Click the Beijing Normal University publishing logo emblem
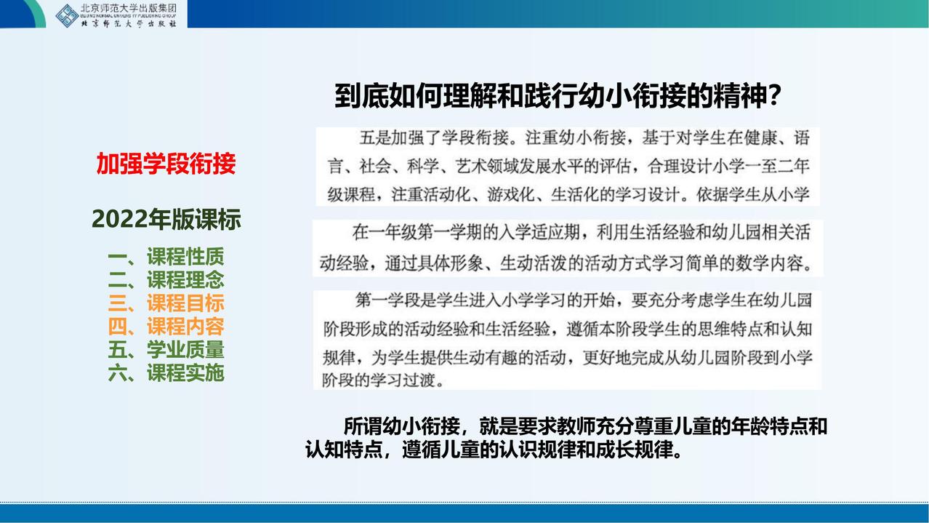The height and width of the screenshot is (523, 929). click(x=67, y=16)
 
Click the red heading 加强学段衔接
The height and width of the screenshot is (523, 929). click(x=166, y=164)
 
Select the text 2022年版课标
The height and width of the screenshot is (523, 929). click(x=166, y=219)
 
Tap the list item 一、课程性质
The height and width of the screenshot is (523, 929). click(x=166, y=257)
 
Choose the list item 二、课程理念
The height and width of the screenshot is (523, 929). click(x=166, y=280)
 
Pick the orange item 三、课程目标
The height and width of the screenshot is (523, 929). click(x=166, y=303)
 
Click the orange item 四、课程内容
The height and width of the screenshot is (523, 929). click(x=166, y=327)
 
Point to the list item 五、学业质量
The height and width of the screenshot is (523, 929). click(x=166, y=349)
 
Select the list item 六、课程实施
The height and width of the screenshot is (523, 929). click(x=166, y=372)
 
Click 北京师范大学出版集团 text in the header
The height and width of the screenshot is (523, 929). click(x=129, y=8)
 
